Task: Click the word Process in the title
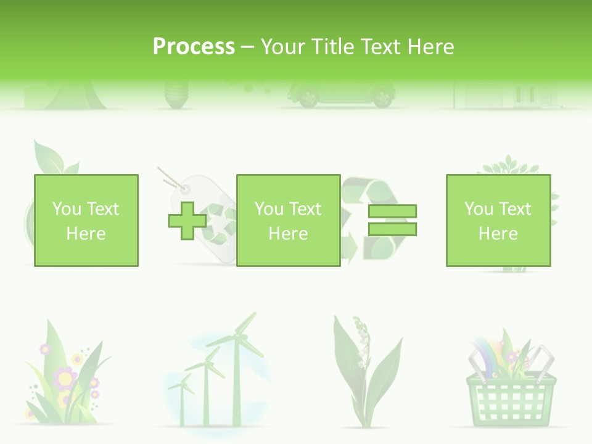[x=194, y=46]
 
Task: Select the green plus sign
[x=187, y=221]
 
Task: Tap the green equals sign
[x=392, y=220]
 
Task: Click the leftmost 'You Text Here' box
[x=86, y=220]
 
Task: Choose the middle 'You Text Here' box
[x=288, y=220]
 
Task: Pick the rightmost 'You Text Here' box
[x=498, y=220]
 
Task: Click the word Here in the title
[x=431, y=47]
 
